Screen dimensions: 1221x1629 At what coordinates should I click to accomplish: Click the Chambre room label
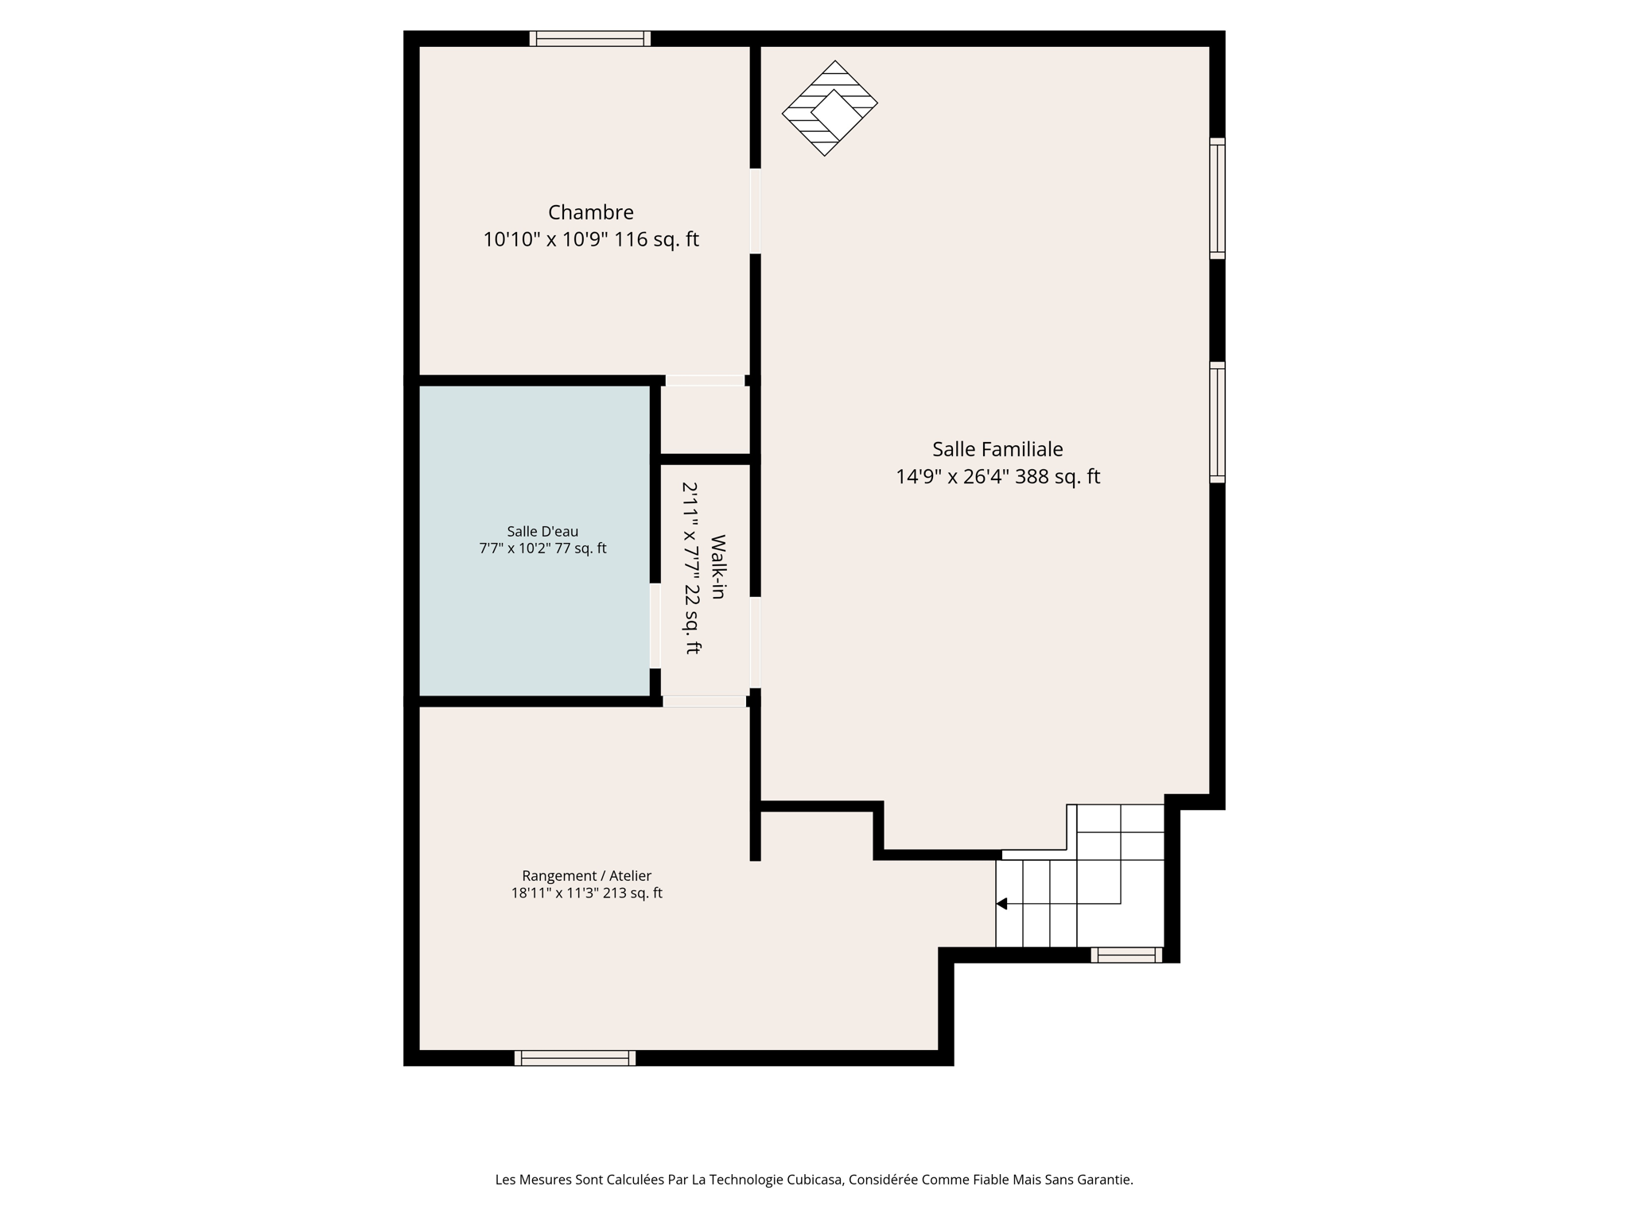coord(590,212)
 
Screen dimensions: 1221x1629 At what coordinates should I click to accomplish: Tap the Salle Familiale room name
coord(997,449)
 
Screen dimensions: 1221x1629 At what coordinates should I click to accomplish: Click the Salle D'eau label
coord(542,531)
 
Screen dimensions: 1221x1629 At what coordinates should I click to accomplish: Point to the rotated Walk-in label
coord(717,566)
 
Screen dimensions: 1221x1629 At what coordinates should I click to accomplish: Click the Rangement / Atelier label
coord(586,875)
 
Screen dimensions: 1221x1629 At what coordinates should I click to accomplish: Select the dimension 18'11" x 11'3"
coord(554,893)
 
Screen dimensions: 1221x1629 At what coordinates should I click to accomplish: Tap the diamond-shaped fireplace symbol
coord(830,108)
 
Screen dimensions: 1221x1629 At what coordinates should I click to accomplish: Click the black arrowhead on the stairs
coord(1002,904)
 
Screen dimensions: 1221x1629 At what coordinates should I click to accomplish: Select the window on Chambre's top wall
coord(590,38)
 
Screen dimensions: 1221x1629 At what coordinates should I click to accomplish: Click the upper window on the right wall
coord(1217,199)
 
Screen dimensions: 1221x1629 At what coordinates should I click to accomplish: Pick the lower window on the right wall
coord(1217,422)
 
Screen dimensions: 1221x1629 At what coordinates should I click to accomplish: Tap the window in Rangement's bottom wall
coord(574,1058)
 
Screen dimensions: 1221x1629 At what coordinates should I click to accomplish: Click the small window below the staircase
coord(1126,955)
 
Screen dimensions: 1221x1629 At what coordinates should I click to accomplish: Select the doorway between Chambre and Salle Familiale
coord(755,211)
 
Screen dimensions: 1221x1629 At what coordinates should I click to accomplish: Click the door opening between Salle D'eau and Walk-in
coord(655,626)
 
